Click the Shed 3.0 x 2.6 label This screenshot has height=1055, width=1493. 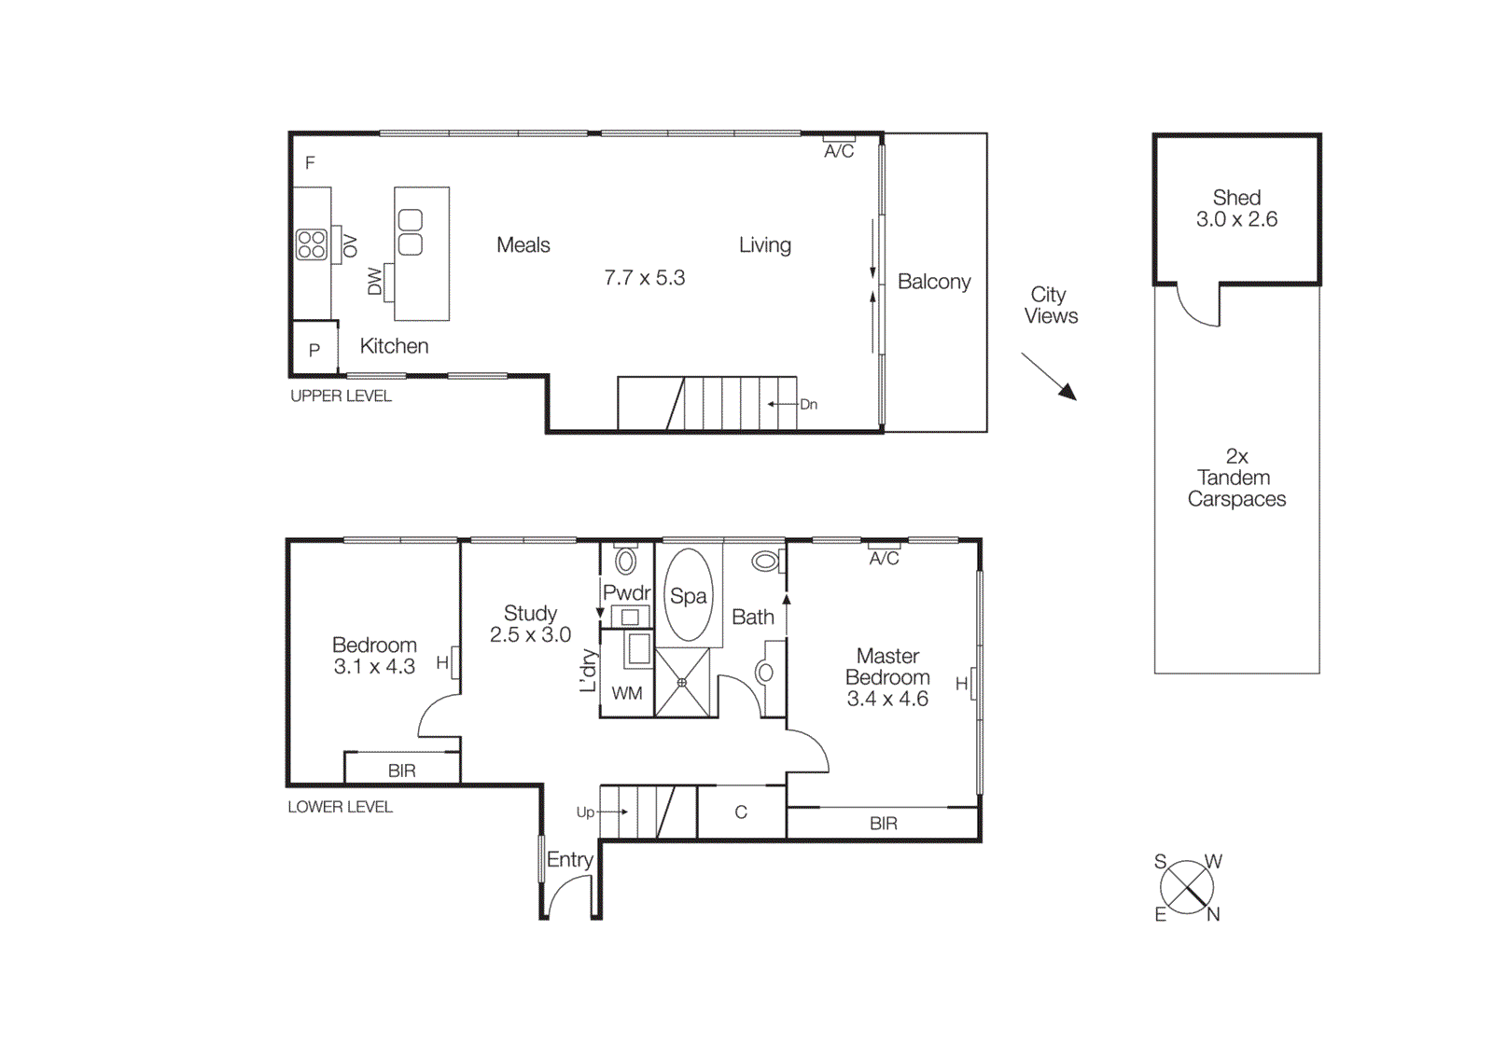1236,209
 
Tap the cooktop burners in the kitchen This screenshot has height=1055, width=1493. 312,244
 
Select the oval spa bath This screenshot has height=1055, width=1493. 689,595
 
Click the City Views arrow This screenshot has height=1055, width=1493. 1049,376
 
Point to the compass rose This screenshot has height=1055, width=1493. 1187,887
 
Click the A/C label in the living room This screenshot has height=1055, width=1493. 839,151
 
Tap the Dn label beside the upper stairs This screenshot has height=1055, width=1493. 809,405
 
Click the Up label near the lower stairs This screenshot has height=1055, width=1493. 585,812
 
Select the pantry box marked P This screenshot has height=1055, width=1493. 314,349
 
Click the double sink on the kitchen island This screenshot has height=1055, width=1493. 411,232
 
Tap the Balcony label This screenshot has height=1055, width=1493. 934,282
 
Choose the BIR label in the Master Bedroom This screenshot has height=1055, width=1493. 883,824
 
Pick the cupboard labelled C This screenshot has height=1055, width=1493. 741,812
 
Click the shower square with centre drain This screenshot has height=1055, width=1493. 682,683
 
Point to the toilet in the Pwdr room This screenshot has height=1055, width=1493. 626,561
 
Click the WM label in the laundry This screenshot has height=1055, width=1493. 627,693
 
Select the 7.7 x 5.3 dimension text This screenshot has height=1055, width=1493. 644,278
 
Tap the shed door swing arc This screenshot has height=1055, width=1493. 1197,309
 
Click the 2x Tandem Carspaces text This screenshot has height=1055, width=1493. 1236,478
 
